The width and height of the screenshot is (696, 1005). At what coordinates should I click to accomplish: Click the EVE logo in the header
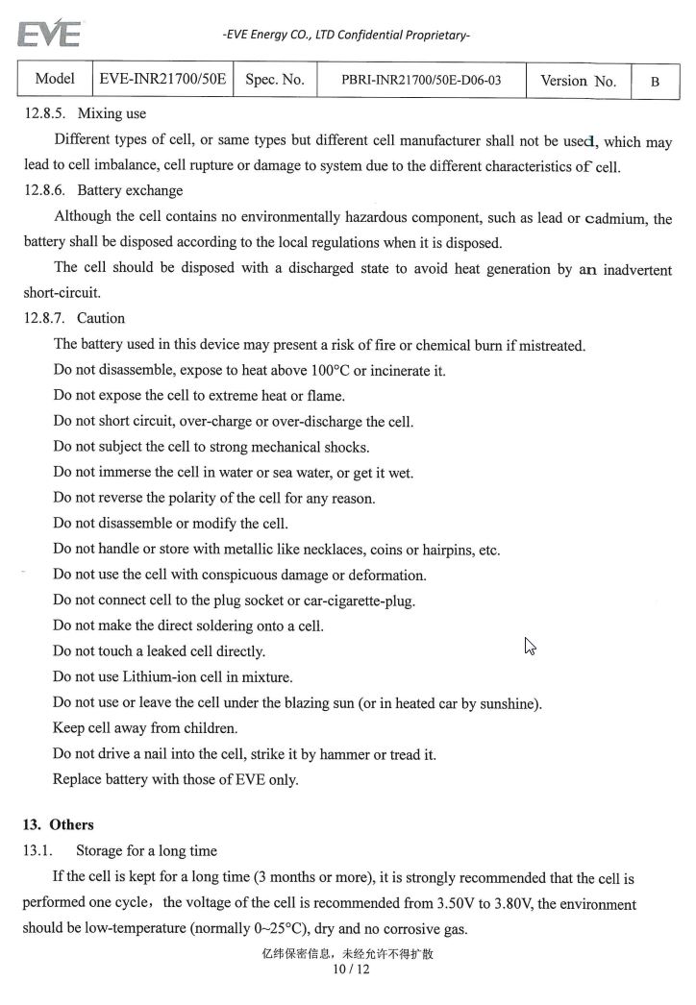coord(49,35)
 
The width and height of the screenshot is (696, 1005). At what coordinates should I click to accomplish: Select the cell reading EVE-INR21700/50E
coord(162,80)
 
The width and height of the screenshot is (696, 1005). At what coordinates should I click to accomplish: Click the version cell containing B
coord(655,82)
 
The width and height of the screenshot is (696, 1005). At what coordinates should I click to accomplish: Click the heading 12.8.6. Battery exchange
coord(103,190)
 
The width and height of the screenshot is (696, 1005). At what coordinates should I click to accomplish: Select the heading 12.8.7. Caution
coord(74,318)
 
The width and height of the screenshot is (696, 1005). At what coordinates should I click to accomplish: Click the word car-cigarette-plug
coord(347,601)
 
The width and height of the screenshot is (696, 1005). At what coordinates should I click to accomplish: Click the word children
coord(208,728)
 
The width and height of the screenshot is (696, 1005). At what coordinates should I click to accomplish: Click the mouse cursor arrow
coord(530,646)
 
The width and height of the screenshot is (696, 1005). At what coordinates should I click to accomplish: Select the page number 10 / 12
coord(350,969)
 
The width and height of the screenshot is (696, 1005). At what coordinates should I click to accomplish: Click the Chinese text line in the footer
coord(348,954)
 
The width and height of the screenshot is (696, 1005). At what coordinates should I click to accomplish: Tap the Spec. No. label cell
coord(275,80)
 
